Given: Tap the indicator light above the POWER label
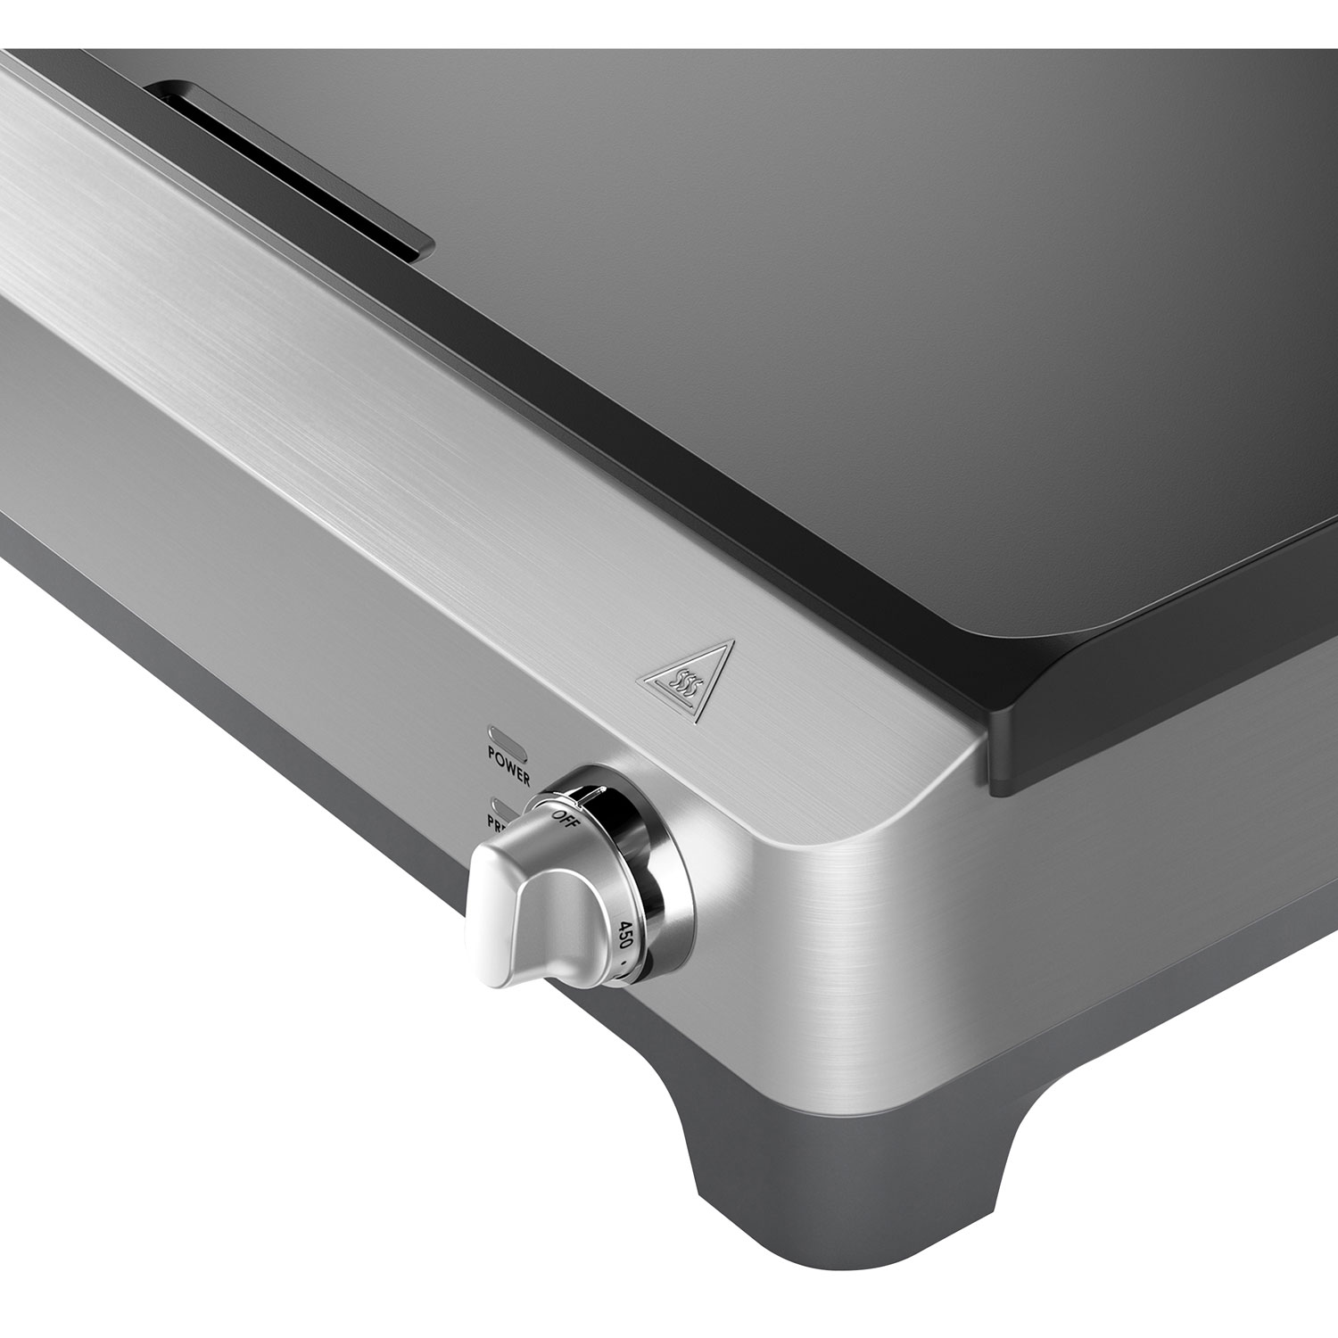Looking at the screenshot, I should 505,739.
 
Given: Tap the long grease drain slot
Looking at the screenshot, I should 285,169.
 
